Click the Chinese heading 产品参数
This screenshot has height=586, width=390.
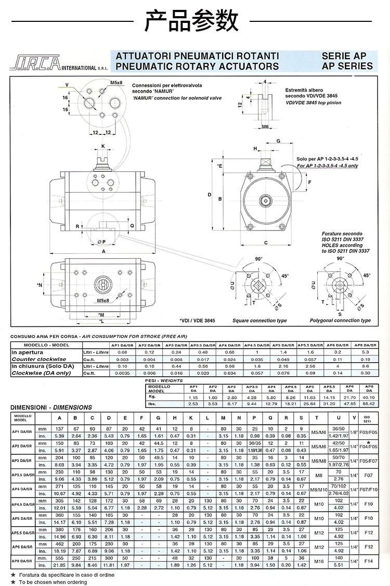click(x=195, y=22)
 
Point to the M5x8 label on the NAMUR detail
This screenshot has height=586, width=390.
click(x=116, y=83)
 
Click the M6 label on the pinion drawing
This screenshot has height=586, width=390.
click(x=265, y=126)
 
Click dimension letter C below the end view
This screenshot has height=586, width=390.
click(x=265, y=243)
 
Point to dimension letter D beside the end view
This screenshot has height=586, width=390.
click(x=210, y=195)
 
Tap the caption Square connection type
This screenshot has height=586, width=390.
click(x=259, y=321)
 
